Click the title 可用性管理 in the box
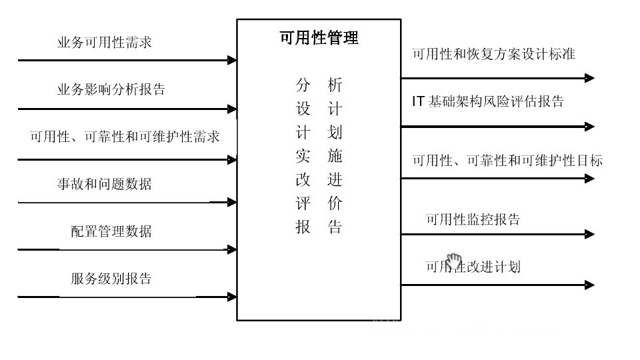click(x=319, y=39)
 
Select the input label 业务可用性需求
click(x=105, y=43)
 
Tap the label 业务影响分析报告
click(x=111, y=89)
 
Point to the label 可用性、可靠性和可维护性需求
click(x=125, y=137)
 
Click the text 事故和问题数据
click(x=104, y=183)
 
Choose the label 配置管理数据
click(x=111, y=231)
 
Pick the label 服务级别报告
click(x=111, y=278)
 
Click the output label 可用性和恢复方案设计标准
click(x=493, y=55)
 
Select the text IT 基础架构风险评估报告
click(x=488, y=101)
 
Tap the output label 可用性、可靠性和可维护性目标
click(x=507, y=161)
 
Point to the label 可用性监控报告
click(x=473, y=219)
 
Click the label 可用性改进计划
click(x=473, y=267)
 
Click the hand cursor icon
click(x=454, y=260)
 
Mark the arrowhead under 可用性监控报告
click(x=589, y=234)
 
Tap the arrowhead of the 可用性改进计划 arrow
click(x=589, y=285)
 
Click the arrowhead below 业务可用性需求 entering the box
click(x=232, y=60)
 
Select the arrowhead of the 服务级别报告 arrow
click(x=232, y=297)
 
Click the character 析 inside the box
click(x=335, y=85)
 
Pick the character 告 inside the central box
click(x=335, y=227)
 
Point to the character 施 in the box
click(x=335, y=156)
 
